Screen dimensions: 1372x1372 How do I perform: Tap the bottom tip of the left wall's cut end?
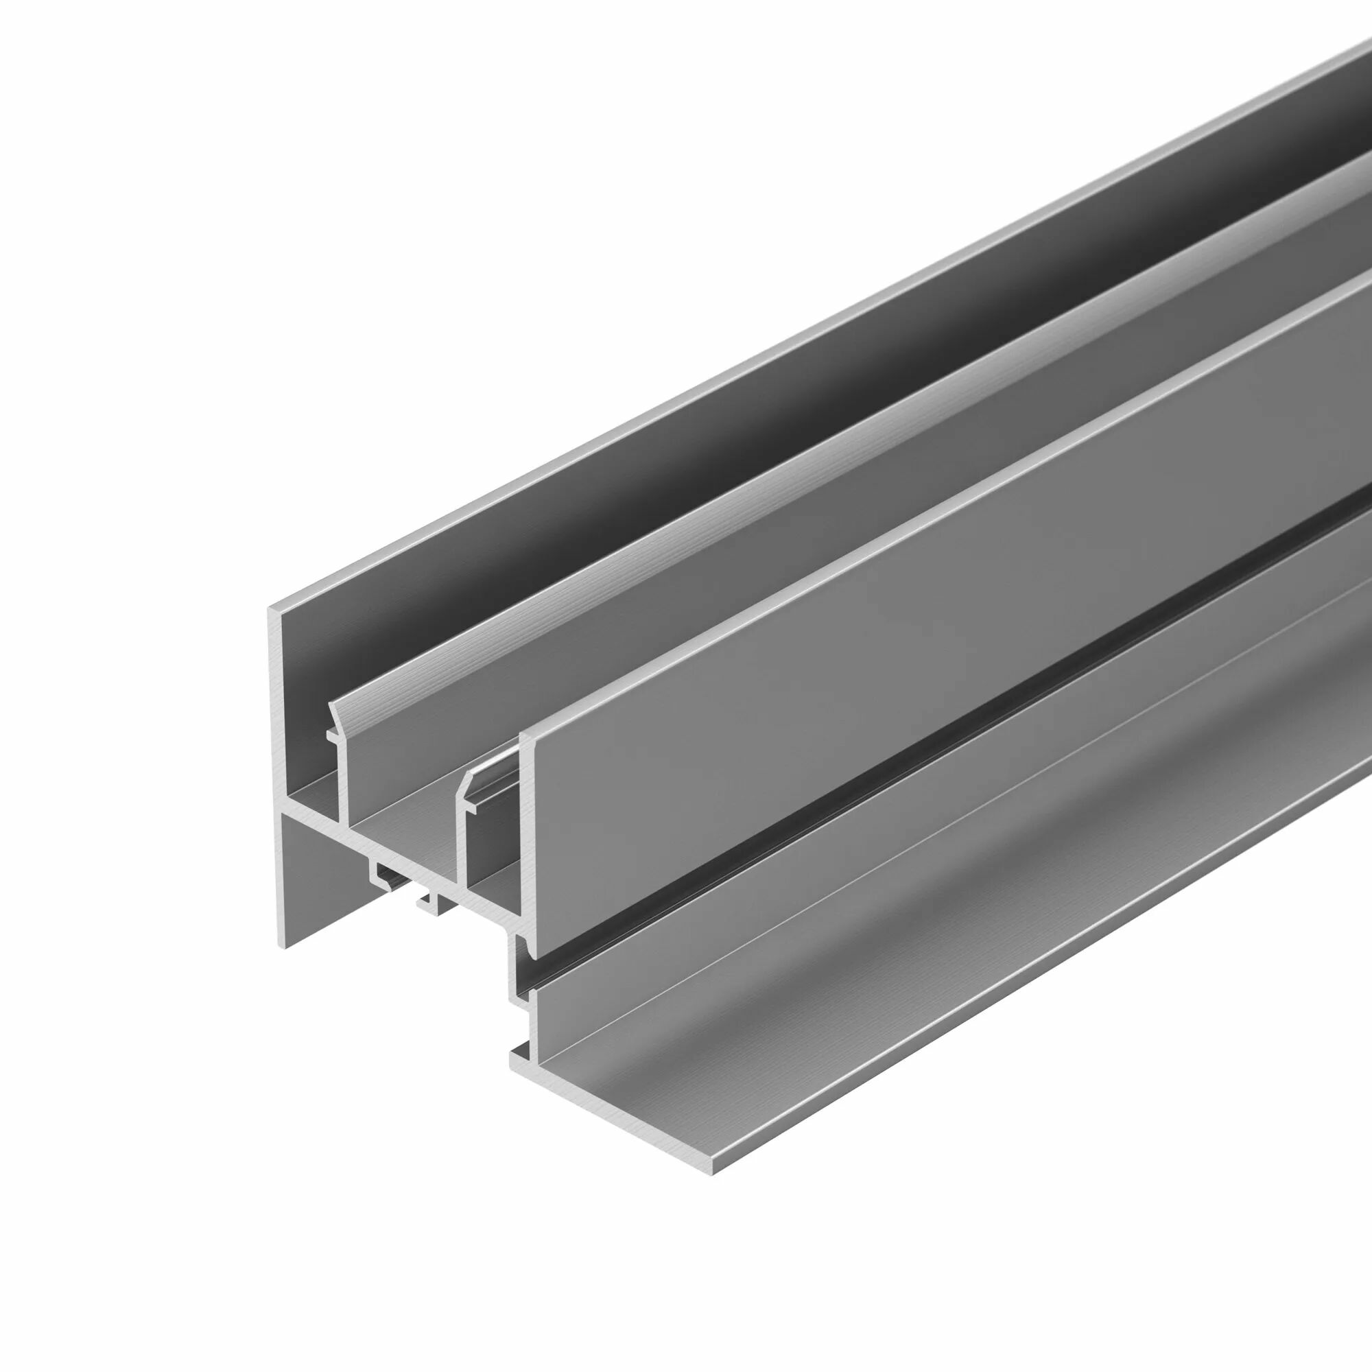pos(285,947)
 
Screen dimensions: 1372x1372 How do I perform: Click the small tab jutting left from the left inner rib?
pos(330,736)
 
